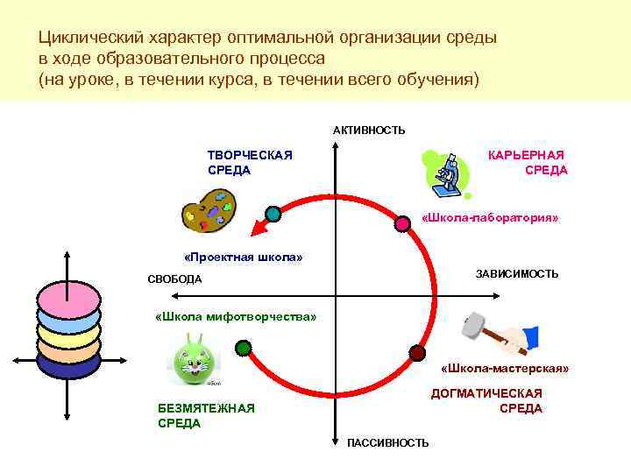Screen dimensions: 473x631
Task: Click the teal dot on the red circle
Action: [x=273, y=213]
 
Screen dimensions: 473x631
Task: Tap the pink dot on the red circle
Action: [x=403, y=223]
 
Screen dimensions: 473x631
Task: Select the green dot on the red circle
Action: [x=244, y=349]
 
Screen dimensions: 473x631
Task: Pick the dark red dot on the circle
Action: [x=417, y=352]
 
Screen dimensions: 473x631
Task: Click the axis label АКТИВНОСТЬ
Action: [x=369, y=131]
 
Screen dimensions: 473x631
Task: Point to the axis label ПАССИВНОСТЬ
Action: [x=388, y=442]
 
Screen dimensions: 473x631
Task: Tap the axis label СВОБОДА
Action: [x=174, y=279]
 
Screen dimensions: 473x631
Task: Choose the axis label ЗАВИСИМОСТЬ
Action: [x=516, y=274]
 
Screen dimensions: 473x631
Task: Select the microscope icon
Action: [x=447, y=173]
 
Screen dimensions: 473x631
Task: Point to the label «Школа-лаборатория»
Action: [x=490, y=215]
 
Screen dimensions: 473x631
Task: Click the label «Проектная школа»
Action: [x=243, y=258]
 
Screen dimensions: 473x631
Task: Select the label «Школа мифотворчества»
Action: [x=234, y=315]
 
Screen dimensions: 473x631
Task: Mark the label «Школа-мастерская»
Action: [x=504, y=369]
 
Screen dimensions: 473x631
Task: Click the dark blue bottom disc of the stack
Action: [x=68, y=364]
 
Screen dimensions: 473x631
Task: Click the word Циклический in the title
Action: [x=82, y=39]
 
